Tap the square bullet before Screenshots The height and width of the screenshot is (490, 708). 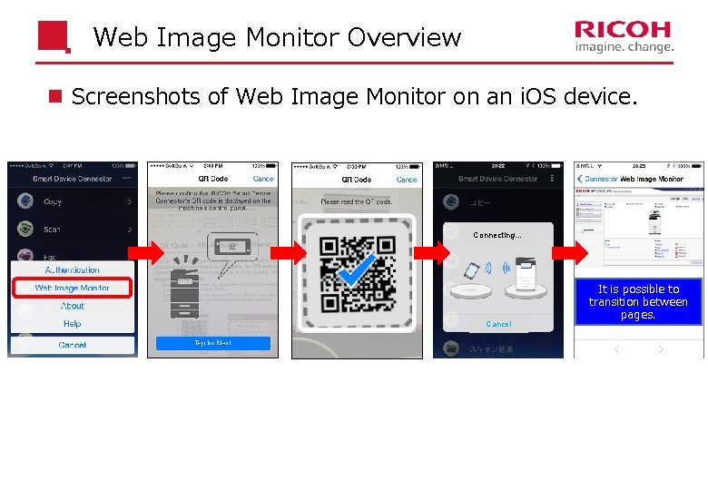click(x=56, y=96)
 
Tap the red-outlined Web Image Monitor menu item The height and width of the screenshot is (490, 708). click(x=73, y=288)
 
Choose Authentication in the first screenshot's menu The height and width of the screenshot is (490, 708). click(x=73, y=269)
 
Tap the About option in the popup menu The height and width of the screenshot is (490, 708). click(x=73, y=307)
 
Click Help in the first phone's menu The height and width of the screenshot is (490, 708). click(x=73, y=324)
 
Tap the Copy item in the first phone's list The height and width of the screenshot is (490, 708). click(x=53, y=201)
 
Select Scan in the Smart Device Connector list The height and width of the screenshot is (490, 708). click(x=53, y=230)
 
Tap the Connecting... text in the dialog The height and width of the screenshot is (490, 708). click(x=497, y=235)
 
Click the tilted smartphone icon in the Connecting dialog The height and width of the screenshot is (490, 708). click(x=472, y=271)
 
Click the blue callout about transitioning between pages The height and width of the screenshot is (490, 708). click(x=638, y=302)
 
